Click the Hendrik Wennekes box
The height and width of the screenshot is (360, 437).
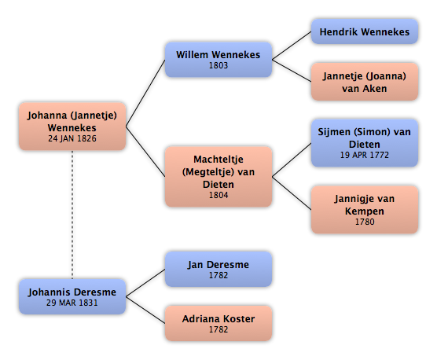pyautogui.click(x=364, y=31)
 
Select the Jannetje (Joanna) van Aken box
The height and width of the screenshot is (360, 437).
pyautogui.click(x=364, y=82)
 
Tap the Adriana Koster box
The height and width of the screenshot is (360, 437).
pyautogui.click(x=218, y=323)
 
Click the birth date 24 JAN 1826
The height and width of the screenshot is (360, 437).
pyautogui.click(x=72, y=138)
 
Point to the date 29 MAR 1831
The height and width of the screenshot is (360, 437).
pyautogui.click(x=72, y=303)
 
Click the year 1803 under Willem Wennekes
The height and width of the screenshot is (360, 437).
pyautogui.click(x=218, y=65)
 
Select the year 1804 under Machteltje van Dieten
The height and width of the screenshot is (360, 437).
pyautogui.click(x=218, y=195)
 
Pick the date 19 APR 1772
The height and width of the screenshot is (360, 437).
pyautogui.click(x=364, y=155)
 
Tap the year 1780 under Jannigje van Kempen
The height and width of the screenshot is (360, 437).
pyautogui.click(x=365, y=222)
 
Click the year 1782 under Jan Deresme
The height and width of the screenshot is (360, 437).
pyautogui.click(x=218, y=275)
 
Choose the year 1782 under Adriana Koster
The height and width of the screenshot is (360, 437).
pyautogui.click(x=218, y=329)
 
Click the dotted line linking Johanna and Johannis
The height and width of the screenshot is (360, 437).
pyautogui.click(x=72, y=215)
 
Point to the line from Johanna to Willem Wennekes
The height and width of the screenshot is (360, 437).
pyautogui.click(x=145, y=93)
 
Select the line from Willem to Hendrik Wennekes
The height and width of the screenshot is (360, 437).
pyautogui.click(x=292, y=46)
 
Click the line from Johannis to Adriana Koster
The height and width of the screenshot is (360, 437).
pyautogui.click(x=145, y=310)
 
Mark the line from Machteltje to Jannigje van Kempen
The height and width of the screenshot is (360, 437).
pyautogui.click(x=292, y=193)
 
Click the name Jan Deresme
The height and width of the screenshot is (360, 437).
pyautogui.click(x=218, y=265)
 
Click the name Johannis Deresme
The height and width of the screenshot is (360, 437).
pyautogui.click(x=72, y=292)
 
